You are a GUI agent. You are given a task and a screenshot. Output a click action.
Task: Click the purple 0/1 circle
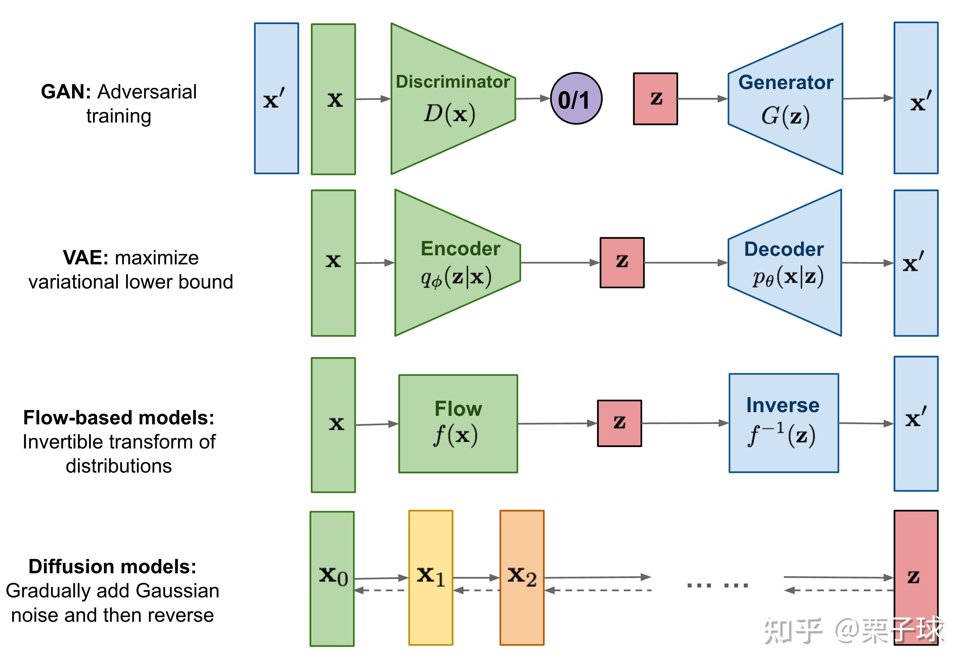coord(576,99)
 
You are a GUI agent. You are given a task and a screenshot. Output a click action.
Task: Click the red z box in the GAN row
coord(655,99)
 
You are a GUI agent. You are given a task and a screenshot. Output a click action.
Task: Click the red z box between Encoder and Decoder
coord(622,263)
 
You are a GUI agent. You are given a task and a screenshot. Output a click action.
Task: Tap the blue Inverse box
coord(783,423)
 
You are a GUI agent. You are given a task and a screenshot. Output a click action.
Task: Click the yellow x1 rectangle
coord(431,578)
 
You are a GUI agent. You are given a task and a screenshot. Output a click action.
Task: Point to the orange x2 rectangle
coord(522,578)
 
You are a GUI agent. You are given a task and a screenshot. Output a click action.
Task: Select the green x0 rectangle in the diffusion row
coord(332,578)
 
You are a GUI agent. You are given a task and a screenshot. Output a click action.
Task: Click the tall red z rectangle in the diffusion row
coord(916,578)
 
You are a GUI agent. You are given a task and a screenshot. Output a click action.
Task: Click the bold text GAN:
coord(66,92)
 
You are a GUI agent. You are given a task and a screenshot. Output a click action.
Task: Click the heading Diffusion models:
coord(112,567)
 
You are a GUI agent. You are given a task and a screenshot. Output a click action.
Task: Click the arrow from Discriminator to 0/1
coord(532,99)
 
